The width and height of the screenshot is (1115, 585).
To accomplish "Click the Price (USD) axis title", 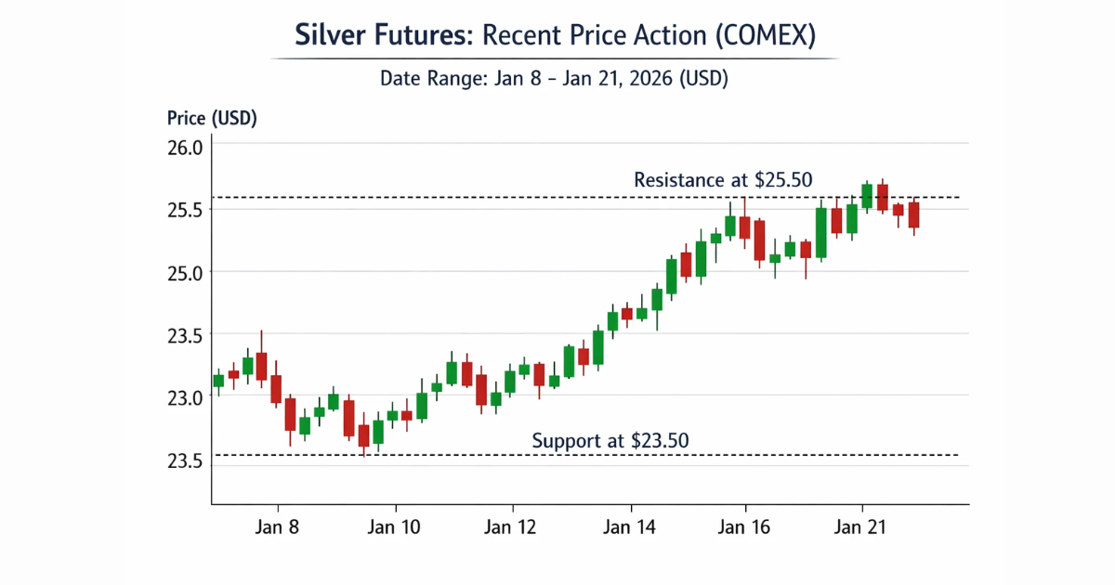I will click(212, 119).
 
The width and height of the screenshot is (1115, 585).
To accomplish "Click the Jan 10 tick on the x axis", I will click(396, 527).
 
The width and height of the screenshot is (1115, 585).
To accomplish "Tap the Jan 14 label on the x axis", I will click(630, 527).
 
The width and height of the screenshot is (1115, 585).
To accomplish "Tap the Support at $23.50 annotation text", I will click(610, 441).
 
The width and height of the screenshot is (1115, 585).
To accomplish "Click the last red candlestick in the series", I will click(913, 215).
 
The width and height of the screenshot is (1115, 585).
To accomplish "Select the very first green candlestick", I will click(218, 381).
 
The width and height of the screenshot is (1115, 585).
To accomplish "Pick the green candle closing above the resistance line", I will click(867, 195).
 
